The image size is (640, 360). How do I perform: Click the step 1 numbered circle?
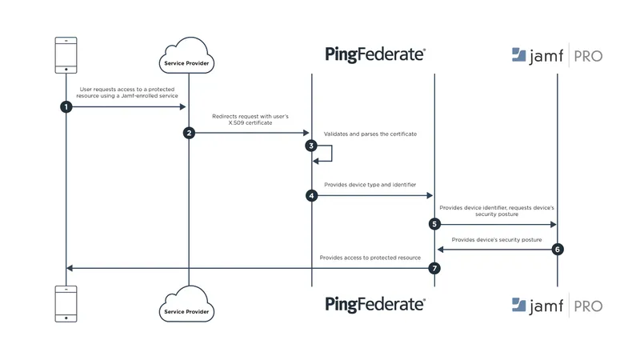point(66,106)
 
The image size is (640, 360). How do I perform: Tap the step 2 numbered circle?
point(189,133)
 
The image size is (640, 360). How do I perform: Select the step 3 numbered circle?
point(312,146)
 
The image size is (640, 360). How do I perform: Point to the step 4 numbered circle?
point(312,195)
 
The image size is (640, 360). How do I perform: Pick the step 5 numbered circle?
point(434,224)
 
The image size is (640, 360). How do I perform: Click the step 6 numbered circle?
point(558,249)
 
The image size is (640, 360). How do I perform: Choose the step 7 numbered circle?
point(434,268)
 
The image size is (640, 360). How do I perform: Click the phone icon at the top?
point(66,54)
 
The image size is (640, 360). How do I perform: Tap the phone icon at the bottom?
point(66,304)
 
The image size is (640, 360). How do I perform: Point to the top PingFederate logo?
point(375,54)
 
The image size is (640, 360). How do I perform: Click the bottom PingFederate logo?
point(375,304)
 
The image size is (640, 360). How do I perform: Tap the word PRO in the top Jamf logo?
point(586,55)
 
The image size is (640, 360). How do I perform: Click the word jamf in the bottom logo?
point(546,305)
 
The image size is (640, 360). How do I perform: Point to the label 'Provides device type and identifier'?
point(370,184)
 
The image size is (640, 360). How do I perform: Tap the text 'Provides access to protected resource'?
point(370,258)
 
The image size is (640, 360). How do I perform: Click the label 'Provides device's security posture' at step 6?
point(496,239)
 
